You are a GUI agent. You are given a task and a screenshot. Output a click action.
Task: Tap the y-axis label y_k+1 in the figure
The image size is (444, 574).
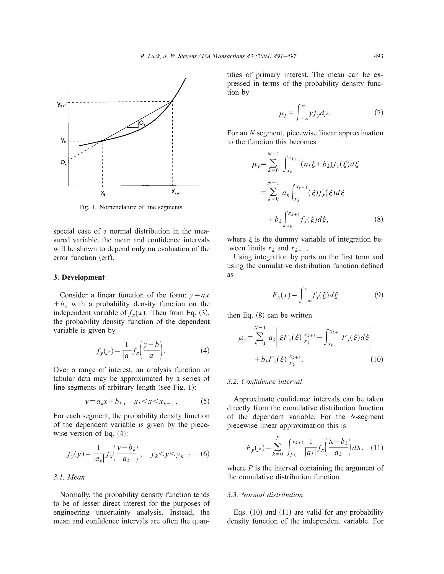pyautogui.click(x=62, y=105)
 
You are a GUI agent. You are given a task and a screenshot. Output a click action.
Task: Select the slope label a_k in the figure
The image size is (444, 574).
pyautogui.click(x=142, y=123)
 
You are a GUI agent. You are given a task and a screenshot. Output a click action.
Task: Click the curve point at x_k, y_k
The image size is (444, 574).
pyautogui.click(x=102, y=141)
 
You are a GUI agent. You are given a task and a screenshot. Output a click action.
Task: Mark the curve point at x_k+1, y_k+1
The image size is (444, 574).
pyautogui.click(x=172, y=101)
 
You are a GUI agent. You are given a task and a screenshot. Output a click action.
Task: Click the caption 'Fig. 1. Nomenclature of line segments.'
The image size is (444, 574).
pyautogui.click(x=131, y=207)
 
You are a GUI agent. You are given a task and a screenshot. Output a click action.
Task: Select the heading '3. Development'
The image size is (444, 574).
pyautogui.click(x=79, y=277)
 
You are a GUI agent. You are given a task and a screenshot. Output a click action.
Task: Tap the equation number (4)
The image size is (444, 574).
pyautogui.click(x=205, y=351)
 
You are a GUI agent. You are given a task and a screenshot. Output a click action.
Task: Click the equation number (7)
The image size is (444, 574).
pyautogui.click(x=379, y=113)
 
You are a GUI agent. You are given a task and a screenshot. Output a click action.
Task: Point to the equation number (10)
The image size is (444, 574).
pyautogui.click(x=377, y=359)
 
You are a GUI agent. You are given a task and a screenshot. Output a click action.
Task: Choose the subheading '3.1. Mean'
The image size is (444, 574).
pyautogui.click(x=69, y=477)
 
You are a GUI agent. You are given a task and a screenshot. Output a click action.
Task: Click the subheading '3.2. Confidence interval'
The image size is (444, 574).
pyautogui.click(x=264, y=382)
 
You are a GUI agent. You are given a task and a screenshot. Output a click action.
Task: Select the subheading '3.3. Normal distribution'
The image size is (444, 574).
pyautogui.click(x=265, y=495)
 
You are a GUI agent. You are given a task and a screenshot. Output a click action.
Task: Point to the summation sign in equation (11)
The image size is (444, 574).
pyautogui.click(x=277, y=448)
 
